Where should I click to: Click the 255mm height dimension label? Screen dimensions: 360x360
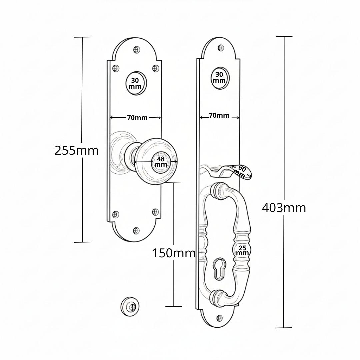[x=76, y=151]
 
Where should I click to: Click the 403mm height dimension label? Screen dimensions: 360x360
[x=284, y=208]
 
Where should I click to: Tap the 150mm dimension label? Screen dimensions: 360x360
[x=174, y=253]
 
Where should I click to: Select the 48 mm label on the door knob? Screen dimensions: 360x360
[x=160, y=162]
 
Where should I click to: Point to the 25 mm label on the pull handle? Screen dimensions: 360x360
[x=242, y=250]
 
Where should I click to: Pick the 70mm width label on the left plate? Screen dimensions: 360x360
[x=137, y=118]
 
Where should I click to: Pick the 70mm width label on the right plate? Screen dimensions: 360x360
[x=219, y=115]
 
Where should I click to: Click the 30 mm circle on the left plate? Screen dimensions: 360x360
[x=136, y=83]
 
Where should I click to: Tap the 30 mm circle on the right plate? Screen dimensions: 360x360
[x=220, y=78]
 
